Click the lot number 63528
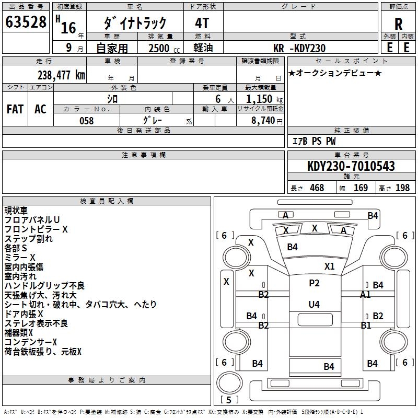26,22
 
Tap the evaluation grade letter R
398,24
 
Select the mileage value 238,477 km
61,75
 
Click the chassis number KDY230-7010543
351,167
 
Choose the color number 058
86,121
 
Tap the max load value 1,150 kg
264,99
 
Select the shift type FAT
15,109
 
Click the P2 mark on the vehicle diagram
313,283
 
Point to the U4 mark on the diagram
313,304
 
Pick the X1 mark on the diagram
329,266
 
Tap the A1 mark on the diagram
366,295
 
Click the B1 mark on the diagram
366,326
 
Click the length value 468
317,188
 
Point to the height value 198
402,188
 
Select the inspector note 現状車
17,211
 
